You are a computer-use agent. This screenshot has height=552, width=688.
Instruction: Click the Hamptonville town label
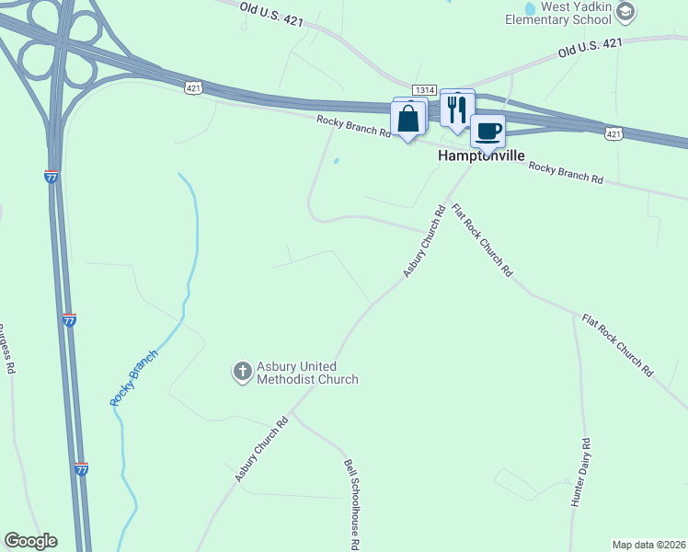point(479,156)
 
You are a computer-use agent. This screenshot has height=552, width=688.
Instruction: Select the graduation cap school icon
point(625,11)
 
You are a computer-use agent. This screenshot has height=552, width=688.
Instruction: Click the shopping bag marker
point(407,119)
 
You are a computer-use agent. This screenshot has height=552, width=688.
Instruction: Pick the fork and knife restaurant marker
point(456,109)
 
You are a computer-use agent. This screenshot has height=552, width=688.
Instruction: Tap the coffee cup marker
point(488,131)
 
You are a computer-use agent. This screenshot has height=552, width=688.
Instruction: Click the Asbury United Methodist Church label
point(306,373)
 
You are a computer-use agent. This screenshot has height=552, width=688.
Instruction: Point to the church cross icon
point(242,372)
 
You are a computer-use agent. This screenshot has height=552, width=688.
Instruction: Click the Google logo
point(30,541)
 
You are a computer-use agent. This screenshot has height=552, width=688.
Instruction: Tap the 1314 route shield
point(424,89)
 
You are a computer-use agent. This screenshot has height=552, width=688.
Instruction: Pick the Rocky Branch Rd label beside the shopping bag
point(354,126)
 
